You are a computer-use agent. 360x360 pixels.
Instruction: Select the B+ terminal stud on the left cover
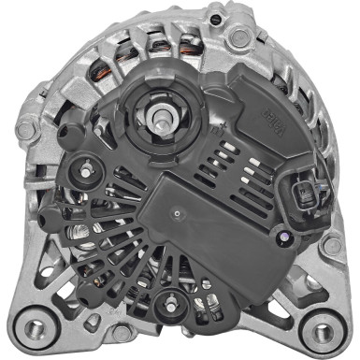coord(87,170)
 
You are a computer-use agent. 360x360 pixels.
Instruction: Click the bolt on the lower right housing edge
coord(329,246)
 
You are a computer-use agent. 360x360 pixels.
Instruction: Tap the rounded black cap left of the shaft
coord(68,134)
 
